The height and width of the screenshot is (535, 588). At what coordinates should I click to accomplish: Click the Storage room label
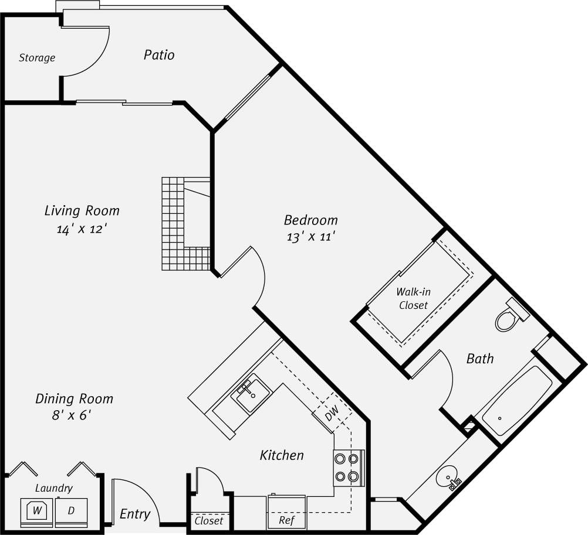37,57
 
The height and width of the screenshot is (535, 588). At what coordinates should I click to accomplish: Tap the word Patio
159,55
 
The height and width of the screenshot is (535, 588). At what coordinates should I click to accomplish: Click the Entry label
134,514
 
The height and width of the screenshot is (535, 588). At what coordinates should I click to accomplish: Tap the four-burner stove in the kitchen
347,468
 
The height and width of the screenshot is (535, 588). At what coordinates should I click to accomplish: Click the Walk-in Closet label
413,298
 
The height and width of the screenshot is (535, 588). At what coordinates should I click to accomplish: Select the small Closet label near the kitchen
209,520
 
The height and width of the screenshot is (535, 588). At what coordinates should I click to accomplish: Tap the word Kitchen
282,455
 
